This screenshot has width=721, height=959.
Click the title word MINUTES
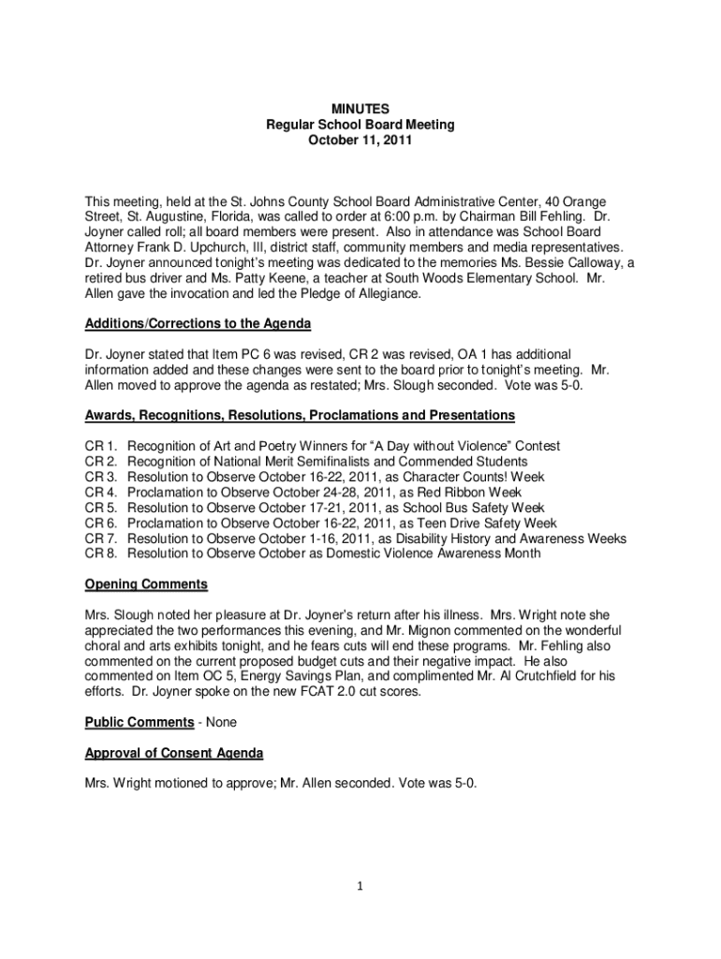[360, 110]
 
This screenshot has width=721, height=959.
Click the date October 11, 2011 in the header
[360, 140]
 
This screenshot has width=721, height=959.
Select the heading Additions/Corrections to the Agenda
[198, 323]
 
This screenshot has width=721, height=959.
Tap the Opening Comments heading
[146, 584]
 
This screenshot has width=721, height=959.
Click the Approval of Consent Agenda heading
[174, 753]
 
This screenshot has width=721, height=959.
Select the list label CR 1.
[100, 447]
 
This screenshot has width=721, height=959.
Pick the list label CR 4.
[100, 493]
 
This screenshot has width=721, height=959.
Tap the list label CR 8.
[100, 553]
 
